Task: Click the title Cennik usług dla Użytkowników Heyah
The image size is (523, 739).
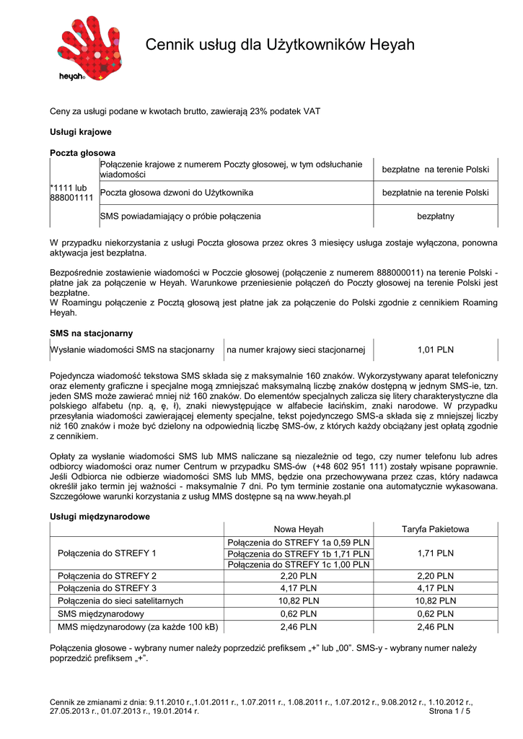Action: click(x=280, y=45)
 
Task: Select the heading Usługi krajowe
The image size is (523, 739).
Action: click(x=80, y=132)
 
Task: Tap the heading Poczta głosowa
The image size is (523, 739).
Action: click(x=82, y=153)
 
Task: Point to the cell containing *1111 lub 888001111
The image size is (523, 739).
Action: click(x=71, y=193)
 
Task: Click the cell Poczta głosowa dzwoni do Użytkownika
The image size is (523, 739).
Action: click(x=177, y=193)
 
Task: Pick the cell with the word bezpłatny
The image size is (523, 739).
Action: click(x=435, y=216)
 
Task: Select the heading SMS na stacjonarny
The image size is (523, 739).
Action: click(x=91, y=333)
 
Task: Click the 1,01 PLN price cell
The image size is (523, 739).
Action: click(x=435, y=350)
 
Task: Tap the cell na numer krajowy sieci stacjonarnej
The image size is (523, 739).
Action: click(x=296, y=350)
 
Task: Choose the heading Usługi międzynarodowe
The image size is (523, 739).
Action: click(x=100, y=517)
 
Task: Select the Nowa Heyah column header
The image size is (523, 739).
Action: click(x=299, y=530)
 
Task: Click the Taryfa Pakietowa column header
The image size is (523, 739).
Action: click(x=435, y=530)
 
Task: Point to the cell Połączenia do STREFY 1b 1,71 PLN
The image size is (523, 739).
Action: click(x=299, y=554)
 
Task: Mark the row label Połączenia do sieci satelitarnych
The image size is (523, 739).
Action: click(x=120, y=600)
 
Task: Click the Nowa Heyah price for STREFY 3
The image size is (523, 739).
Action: click(x=299, y=588)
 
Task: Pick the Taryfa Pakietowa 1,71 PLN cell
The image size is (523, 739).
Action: click(x=435, y=554)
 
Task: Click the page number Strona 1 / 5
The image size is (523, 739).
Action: click(x=449, y=711)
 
